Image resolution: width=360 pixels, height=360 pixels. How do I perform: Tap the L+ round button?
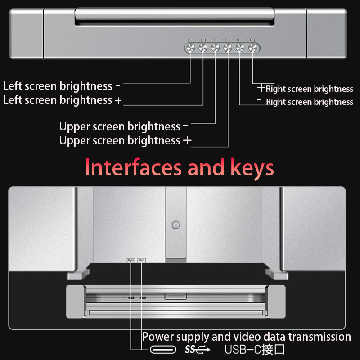(203, 48)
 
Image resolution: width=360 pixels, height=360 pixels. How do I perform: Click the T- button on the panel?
(216, 48)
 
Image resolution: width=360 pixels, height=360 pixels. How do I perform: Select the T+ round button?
(228, 48)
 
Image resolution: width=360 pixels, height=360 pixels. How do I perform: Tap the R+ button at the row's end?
(253, 48)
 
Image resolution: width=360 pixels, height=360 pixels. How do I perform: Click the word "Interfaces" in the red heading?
(134, 168)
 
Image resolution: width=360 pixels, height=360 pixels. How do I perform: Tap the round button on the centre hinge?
(175, 224)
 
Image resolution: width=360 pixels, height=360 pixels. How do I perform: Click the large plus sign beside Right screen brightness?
(261, 88)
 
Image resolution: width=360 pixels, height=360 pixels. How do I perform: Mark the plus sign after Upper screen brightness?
(187, 141)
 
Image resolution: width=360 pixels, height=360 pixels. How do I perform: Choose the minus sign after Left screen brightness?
(117, 85)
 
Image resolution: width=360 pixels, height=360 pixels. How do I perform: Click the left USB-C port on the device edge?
(131, 297)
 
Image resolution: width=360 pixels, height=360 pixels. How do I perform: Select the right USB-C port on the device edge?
(143, 297)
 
